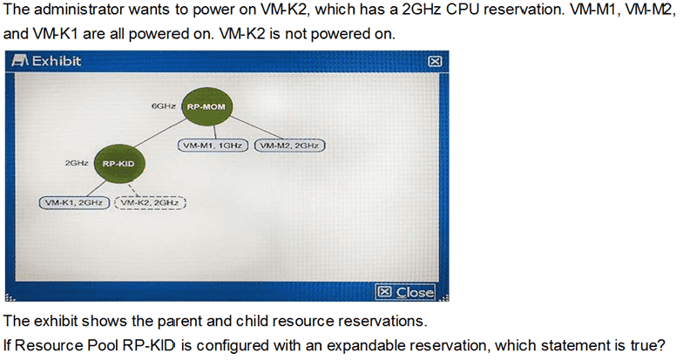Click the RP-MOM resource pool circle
[206, 107]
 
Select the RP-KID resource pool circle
[118, 163]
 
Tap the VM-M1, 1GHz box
[213, 146]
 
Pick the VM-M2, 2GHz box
[289, 146]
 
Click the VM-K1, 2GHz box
[74, 203]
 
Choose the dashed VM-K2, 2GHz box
[150, 203]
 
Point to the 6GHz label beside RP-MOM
[164, 106]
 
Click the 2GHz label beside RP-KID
[77, 163]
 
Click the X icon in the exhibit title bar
[435, 61]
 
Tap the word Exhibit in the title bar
[57, 61]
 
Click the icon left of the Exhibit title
[20, 61]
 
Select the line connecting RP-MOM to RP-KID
[159, 133]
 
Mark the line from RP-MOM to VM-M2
[255, 127]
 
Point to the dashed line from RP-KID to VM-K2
[133, 189]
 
